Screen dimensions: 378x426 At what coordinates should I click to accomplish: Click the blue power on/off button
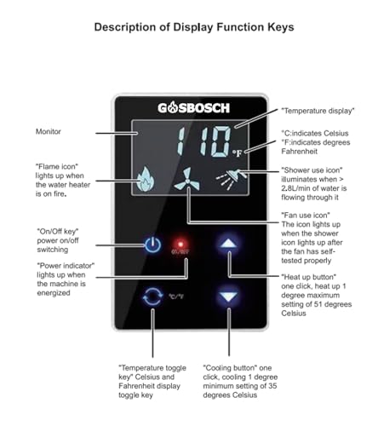(153, 245)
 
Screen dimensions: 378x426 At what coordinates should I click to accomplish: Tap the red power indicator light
(180, 244)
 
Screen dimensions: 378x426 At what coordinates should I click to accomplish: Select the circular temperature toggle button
(152, 296)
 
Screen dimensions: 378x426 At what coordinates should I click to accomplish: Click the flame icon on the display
(146, 178)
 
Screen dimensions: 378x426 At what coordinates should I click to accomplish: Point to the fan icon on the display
(187, 179)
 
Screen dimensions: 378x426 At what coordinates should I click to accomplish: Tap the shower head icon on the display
(232, 179)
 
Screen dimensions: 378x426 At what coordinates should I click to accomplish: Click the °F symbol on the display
(238, 153)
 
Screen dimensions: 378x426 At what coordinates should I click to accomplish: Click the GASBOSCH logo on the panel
(193, 108)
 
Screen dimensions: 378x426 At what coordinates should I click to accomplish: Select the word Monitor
(49, 131)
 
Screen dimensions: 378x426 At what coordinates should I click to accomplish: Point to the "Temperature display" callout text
(318, 111)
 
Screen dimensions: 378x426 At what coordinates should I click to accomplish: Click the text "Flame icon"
(57, 166)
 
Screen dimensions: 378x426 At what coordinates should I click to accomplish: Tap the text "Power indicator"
(66, 266)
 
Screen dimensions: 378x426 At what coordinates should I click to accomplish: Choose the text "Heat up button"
(309, 277)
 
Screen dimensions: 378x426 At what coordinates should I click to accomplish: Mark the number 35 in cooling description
(272, 386)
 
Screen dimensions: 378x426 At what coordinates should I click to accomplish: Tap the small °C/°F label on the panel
(176, 296)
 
